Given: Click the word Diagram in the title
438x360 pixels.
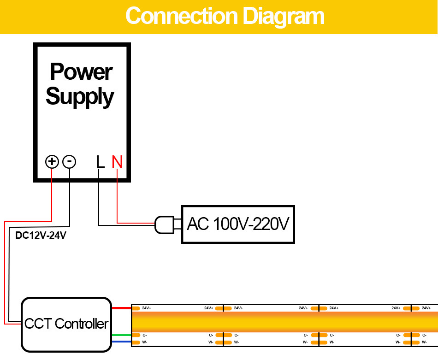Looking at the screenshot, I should [283, 16].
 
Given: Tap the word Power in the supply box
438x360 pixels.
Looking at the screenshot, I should [81, 72].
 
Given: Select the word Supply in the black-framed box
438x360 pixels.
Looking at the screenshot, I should [80, 97].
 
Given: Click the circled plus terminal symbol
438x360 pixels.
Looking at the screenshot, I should [52, 162].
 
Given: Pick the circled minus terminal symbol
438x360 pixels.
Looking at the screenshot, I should [69, 162].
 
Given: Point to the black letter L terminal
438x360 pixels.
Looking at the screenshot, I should [100, 162].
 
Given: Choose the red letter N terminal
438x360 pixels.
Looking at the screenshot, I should [117, 162].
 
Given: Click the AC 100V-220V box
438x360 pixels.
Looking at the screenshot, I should [238, 224].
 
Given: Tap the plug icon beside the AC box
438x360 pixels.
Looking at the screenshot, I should [164, 224].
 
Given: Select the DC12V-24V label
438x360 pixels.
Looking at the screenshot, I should [41, 236].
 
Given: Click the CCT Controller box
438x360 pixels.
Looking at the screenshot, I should [66, 324].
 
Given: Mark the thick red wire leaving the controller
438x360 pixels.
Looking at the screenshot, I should [122, 307].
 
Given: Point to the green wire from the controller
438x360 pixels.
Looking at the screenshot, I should [122, 335].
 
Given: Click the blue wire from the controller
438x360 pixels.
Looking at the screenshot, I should [122, 342].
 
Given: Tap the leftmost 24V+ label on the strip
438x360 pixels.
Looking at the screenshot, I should [147, 308].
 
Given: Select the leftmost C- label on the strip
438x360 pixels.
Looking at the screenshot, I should [145, 335].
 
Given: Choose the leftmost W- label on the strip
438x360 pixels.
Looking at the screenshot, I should [145, 342].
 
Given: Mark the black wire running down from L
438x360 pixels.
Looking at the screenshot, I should [99, 198].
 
